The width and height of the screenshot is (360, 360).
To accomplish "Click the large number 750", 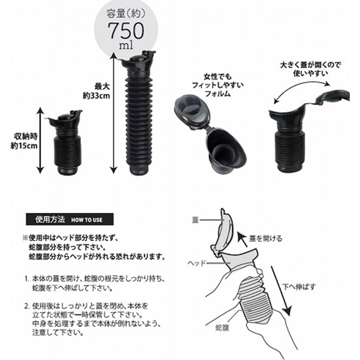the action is (x=126, y=31).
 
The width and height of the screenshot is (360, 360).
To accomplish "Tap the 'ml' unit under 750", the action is (x=126, y=45).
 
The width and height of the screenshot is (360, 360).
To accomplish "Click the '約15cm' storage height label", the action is (x=24, y=146).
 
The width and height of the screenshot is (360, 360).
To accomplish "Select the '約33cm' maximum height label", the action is (x=96, y=96).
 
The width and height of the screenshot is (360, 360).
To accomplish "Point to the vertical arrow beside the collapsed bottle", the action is (x=40, y=140).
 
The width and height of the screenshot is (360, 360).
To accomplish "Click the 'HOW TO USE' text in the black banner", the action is (x=86, y=220).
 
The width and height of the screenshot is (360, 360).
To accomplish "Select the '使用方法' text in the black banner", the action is (x=50, y=219).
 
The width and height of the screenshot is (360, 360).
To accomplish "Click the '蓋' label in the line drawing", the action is (x=195, y=220).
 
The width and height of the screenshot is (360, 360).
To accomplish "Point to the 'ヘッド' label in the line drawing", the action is (x=197, y=263).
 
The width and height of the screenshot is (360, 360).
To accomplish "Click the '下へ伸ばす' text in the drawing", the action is (x=299, y=287).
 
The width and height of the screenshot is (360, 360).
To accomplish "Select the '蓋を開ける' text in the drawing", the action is (x=266, y=239).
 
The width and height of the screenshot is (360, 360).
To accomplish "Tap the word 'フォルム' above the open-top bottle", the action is (x=217, y=94).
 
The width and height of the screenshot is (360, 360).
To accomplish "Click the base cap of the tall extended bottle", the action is (x=139, y=169).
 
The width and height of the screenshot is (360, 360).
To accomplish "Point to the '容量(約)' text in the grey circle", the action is (x=126, y=14).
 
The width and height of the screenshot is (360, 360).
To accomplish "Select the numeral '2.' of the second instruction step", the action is (x=27, y=306).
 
